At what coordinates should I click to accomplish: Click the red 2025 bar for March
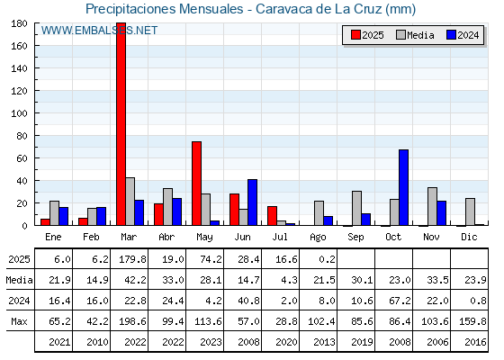point(121,124)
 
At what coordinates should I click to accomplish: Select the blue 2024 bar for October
point(404,187)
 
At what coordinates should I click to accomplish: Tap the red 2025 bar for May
point(197,184)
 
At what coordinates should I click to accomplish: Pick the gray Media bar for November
point(432,206)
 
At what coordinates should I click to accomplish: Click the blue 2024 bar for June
point(252,202)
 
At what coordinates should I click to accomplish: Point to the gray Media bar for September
point(356,208)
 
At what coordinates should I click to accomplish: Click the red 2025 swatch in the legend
point(355,35)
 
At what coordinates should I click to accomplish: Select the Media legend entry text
point(420,35)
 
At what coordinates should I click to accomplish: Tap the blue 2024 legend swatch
point(451,35)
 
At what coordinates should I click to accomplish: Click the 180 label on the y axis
point(19,23)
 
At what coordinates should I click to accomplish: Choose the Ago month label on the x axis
point(318,238)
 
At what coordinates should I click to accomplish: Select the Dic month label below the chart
point(469,237)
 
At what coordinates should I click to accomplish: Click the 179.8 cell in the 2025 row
point(132,259)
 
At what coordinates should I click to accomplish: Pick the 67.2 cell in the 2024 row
point(400,301)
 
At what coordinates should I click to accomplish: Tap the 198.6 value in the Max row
point(132,321)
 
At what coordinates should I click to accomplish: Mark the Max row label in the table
point(19,321)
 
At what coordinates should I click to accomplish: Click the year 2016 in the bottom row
point(475,342)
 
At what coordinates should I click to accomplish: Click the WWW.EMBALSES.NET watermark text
point(99,31)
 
